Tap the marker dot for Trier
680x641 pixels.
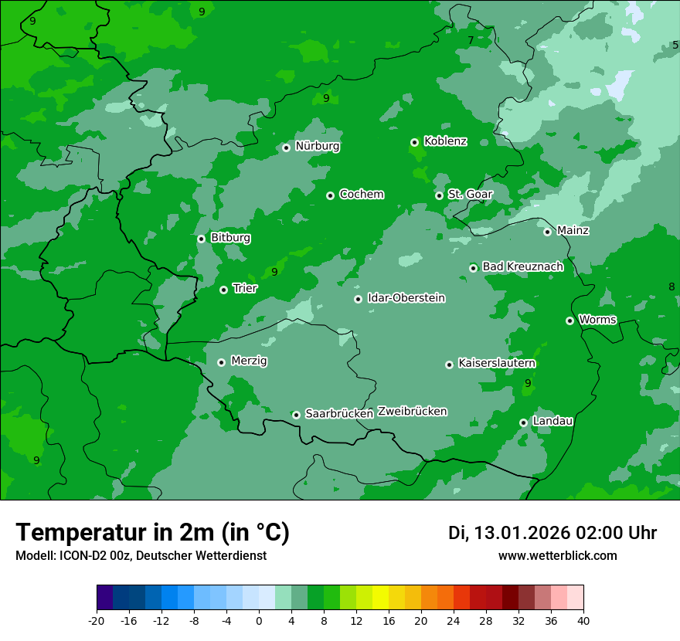click(x=224, y=290)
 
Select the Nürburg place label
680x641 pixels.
click(x=317, y=146)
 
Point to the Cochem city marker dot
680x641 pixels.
click(x=331, y=195)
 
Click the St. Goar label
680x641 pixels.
click(x=470, y=195)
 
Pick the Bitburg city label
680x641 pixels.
click(x=230, y=238)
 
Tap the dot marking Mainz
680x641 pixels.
click(x=548, y=232)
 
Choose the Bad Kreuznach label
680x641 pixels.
click(x=522, y=266)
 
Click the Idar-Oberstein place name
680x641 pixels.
click(x=406, y=298)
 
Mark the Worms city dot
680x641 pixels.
click(x=570, y=320)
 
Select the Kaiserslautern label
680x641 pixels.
click(x=497, y=363)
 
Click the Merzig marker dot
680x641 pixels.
click(x=222, y=362)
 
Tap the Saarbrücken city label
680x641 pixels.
click(x=339, y=414)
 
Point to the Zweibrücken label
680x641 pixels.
click(x=412, y=412)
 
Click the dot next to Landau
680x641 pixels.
click(x=524, y=422)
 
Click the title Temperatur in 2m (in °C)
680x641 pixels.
click(x=153, y=533)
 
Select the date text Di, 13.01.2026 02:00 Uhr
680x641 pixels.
click(x=552, y=533)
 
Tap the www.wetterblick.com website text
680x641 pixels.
click(x=557, y=556)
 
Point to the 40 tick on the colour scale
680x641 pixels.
click(x=583, y=621)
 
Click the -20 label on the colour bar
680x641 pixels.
click(x=97, y=621)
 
